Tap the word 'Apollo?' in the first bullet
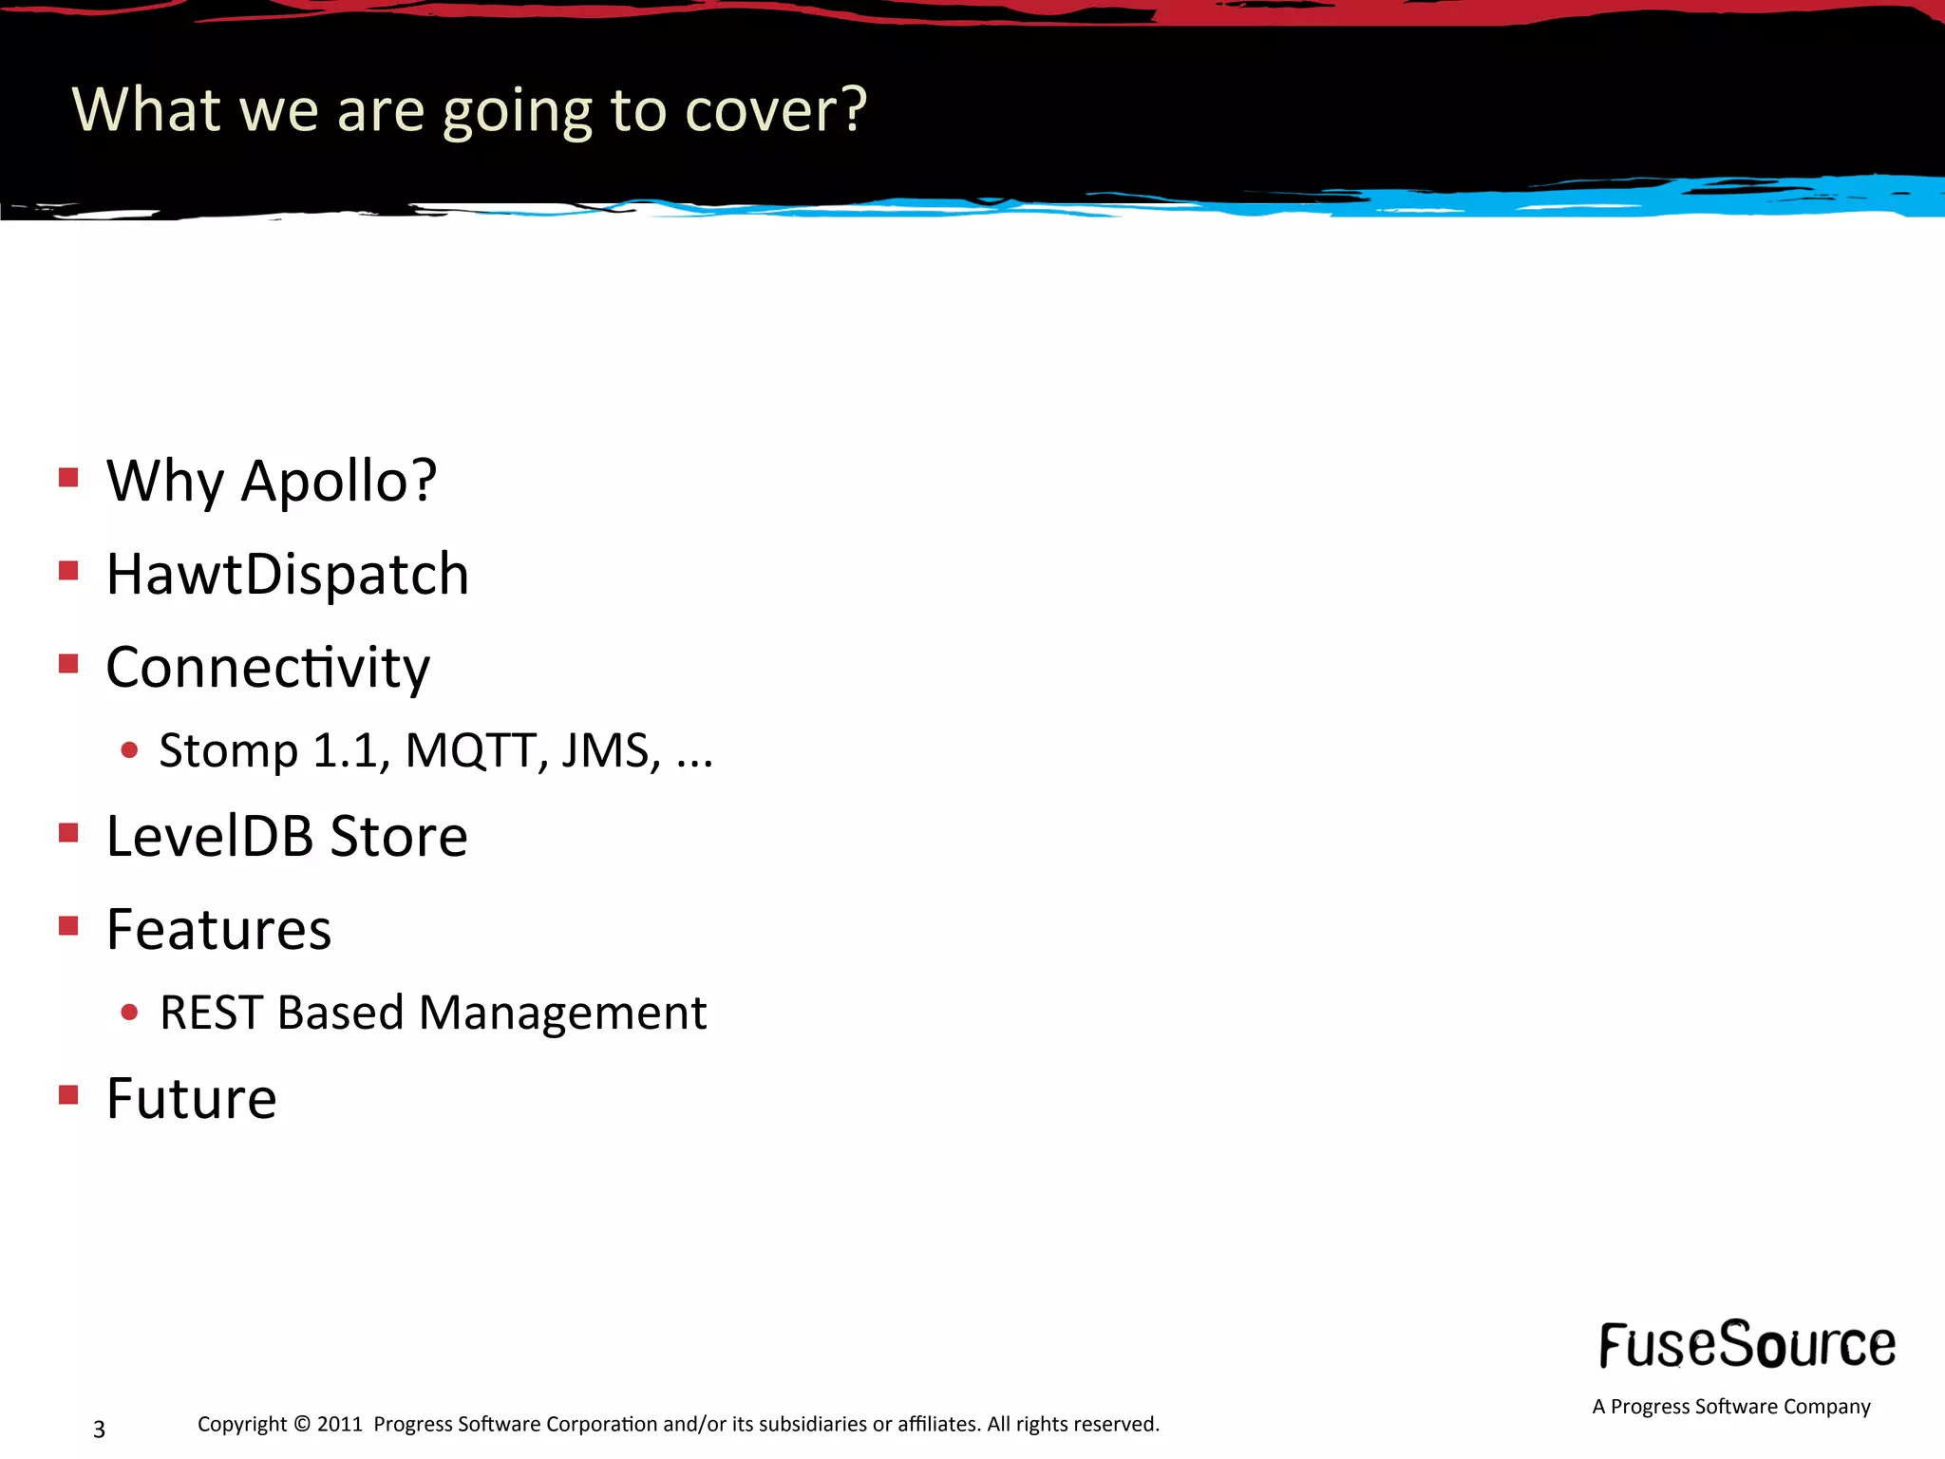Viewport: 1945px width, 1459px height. tap(338, 481)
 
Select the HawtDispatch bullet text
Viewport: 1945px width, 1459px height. tap(287, 575)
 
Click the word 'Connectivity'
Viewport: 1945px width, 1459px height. tap(268, 668)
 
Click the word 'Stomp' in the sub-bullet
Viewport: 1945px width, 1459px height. tap(228, 750)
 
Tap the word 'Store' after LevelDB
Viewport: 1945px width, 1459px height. tap(399, 837)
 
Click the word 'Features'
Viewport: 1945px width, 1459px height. tap(218, 930)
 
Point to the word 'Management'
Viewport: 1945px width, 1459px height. tap(563, 1013)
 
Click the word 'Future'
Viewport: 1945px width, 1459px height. tap(191, 1099)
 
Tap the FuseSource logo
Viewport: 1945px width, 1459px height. tap(1747, 1345)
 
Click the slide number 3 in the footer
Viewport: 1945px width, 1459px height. tap(99, 1429)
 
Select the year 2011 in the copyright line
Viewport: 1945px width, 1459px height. tap(339, 1424)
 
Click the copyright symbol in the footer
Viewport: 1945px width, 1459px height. tap(302, 1424)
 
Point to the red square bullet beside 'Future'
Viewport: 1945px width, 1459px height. tap(68, 1095)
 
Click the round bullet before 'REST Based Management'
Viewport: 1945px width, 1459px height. tap(130, 1013)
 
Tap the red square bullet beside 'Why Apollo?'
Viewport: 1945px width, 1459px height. tap(68, 477)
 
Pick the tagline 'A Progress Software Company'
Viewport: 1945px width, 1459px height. tap(1731, 1407)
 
